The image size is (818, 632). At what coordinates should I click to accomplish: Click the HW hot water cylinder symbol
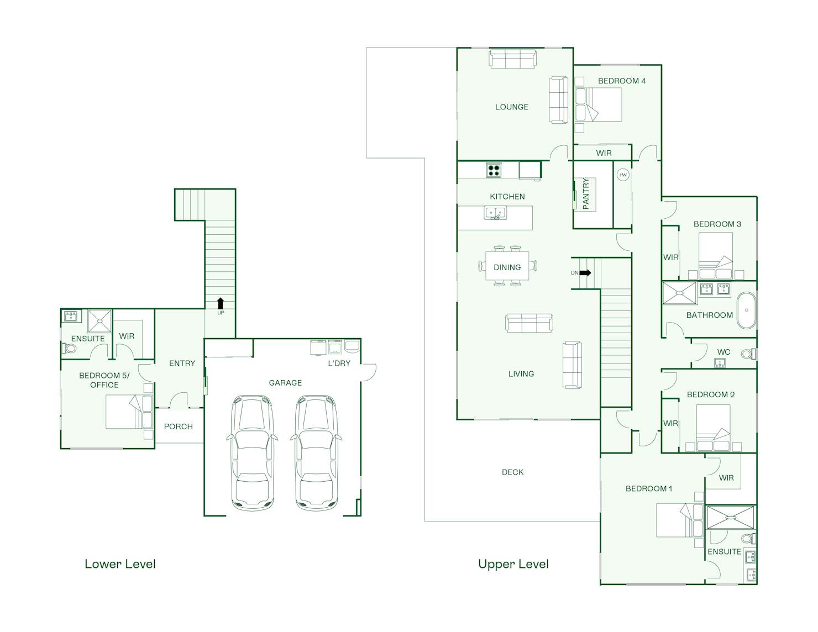tap(623, 175)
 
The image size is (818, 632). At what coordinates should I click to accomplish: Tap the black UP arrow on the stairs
tap(221, 303)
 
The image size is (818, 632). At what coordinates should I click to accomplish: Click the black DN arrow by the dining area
tap(585, 273)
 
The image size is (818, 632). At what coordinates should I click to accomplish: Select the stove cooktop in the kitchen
tap(494, 170)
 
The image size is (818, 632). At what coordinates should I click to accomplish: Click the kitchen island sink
tap(495, 213)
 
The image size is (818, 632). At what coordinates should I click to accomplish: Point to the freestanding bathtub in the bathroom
tap(746, 310)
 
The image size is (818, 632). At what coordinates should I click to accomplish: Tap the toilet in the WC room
tap(749, 354)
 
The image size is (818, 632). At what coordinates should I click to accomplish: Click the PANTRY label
tap(586, 194)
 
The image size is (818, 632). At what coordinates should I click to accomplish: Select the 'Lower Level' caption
tap(120, 564)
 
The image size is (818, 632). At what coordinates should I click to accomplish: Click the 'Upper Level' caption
tap(513, 564)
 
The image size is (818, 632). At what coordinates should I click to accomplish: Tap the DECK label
tap(513, 472)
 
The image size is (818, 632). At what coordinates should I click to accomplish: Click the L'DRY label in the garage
tap(339, 363)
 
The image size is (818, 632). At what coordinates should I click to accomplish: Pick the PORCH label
tap(179, 426)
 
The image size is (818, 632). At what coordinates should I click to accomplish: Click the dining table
tap(507, 266)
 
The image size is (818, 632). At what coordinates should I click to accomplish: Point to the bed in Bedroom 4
tap(598, 104)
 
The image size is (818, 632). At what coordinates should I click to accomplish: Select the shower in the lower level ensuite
tap(99, 321)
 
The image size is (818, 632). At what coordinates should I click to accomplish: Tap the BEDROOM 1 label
tap(649, 489)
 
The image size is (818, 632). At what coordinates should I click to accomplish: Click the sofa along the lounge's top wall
tap(512, 60)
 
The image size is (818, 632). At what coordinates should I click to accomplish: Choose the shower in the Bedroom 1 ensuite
tap(731, 518)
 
